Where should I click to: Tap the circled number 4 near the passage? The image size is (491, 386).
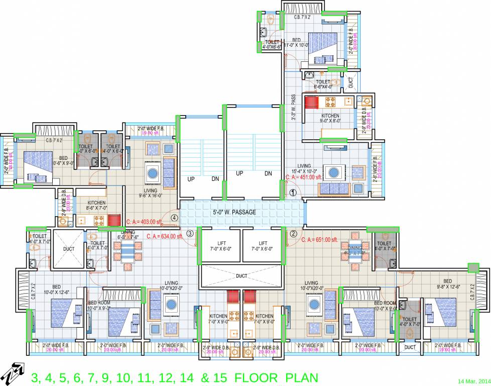174,218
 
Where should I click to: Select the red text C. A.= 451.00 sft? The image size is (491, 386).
303,177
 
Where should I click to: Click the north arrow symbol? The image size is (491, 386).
13,373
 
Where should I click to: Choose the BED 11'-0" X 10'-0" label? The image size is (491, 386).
296,42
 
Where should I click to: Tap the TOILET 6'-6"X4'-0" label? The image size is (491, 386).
323,84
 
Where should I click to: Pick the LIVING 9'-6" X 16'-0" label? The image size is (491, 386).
151,194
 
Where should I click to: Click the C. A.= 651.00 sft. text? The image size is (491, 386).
319,240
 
